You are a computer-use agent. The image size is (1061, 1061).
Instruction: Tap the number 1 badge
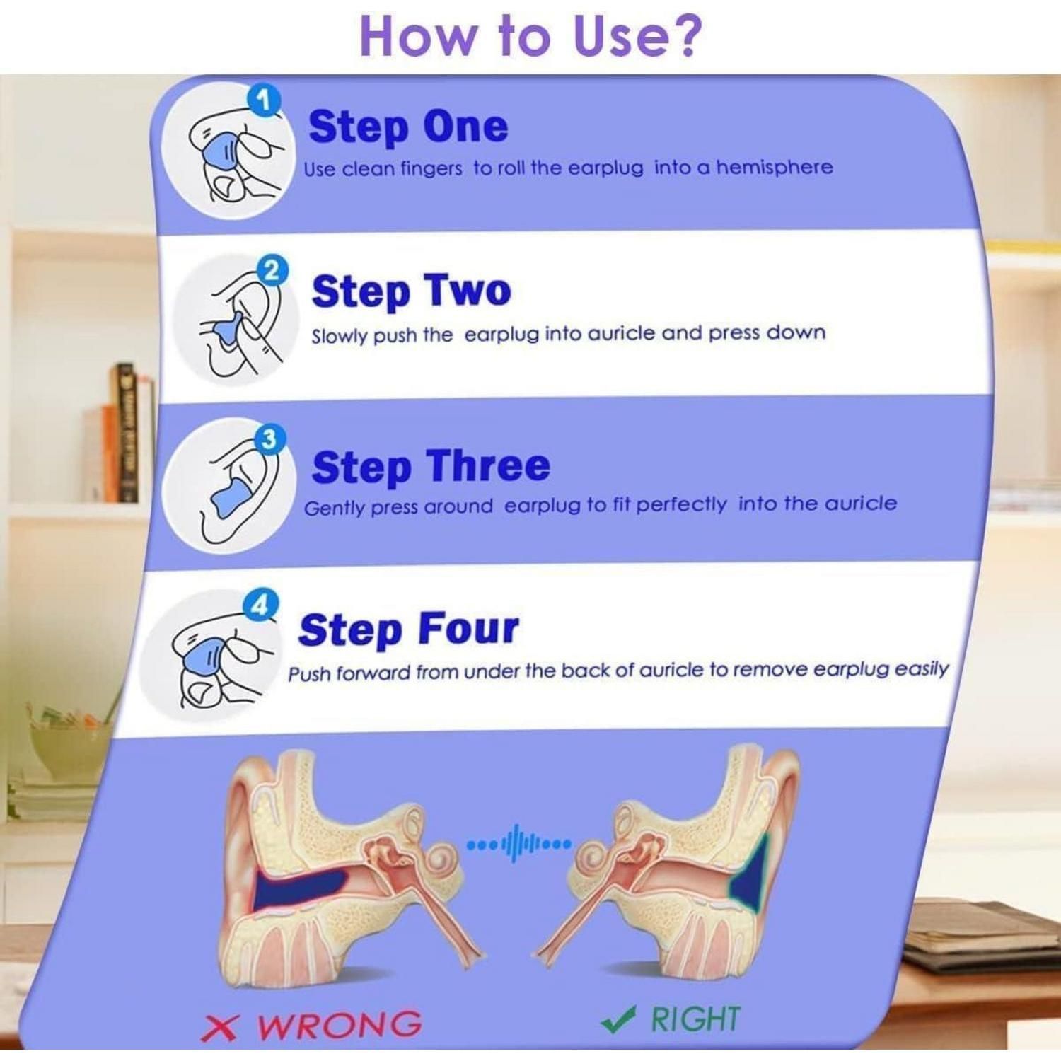coord(264,102)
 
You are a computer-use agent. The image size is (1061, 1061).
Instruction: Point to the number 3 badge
coord(268,440)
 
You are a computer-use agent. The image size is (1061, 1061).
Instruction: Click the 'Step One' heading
coord(408,127)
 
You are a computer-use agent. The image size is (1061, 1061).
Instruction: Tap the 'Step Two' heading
coord(411,291)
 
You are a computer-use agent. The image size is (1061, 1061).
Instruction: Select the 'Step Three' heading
coord(431,467)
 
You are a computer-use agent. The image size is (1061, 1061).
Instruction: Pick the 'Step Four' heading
coord(408,630)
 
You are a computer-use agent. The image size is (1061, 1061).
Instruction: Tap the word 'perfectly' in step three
coord(680,505)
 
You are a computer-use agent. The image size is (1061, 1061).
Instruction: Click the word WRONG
coord(339,1025)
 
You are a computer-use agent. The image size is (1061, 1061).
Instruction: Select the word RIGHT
coord(695,1019)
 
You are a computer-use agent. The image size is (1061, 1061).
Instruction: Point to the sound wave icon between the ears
coord(520,843)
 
